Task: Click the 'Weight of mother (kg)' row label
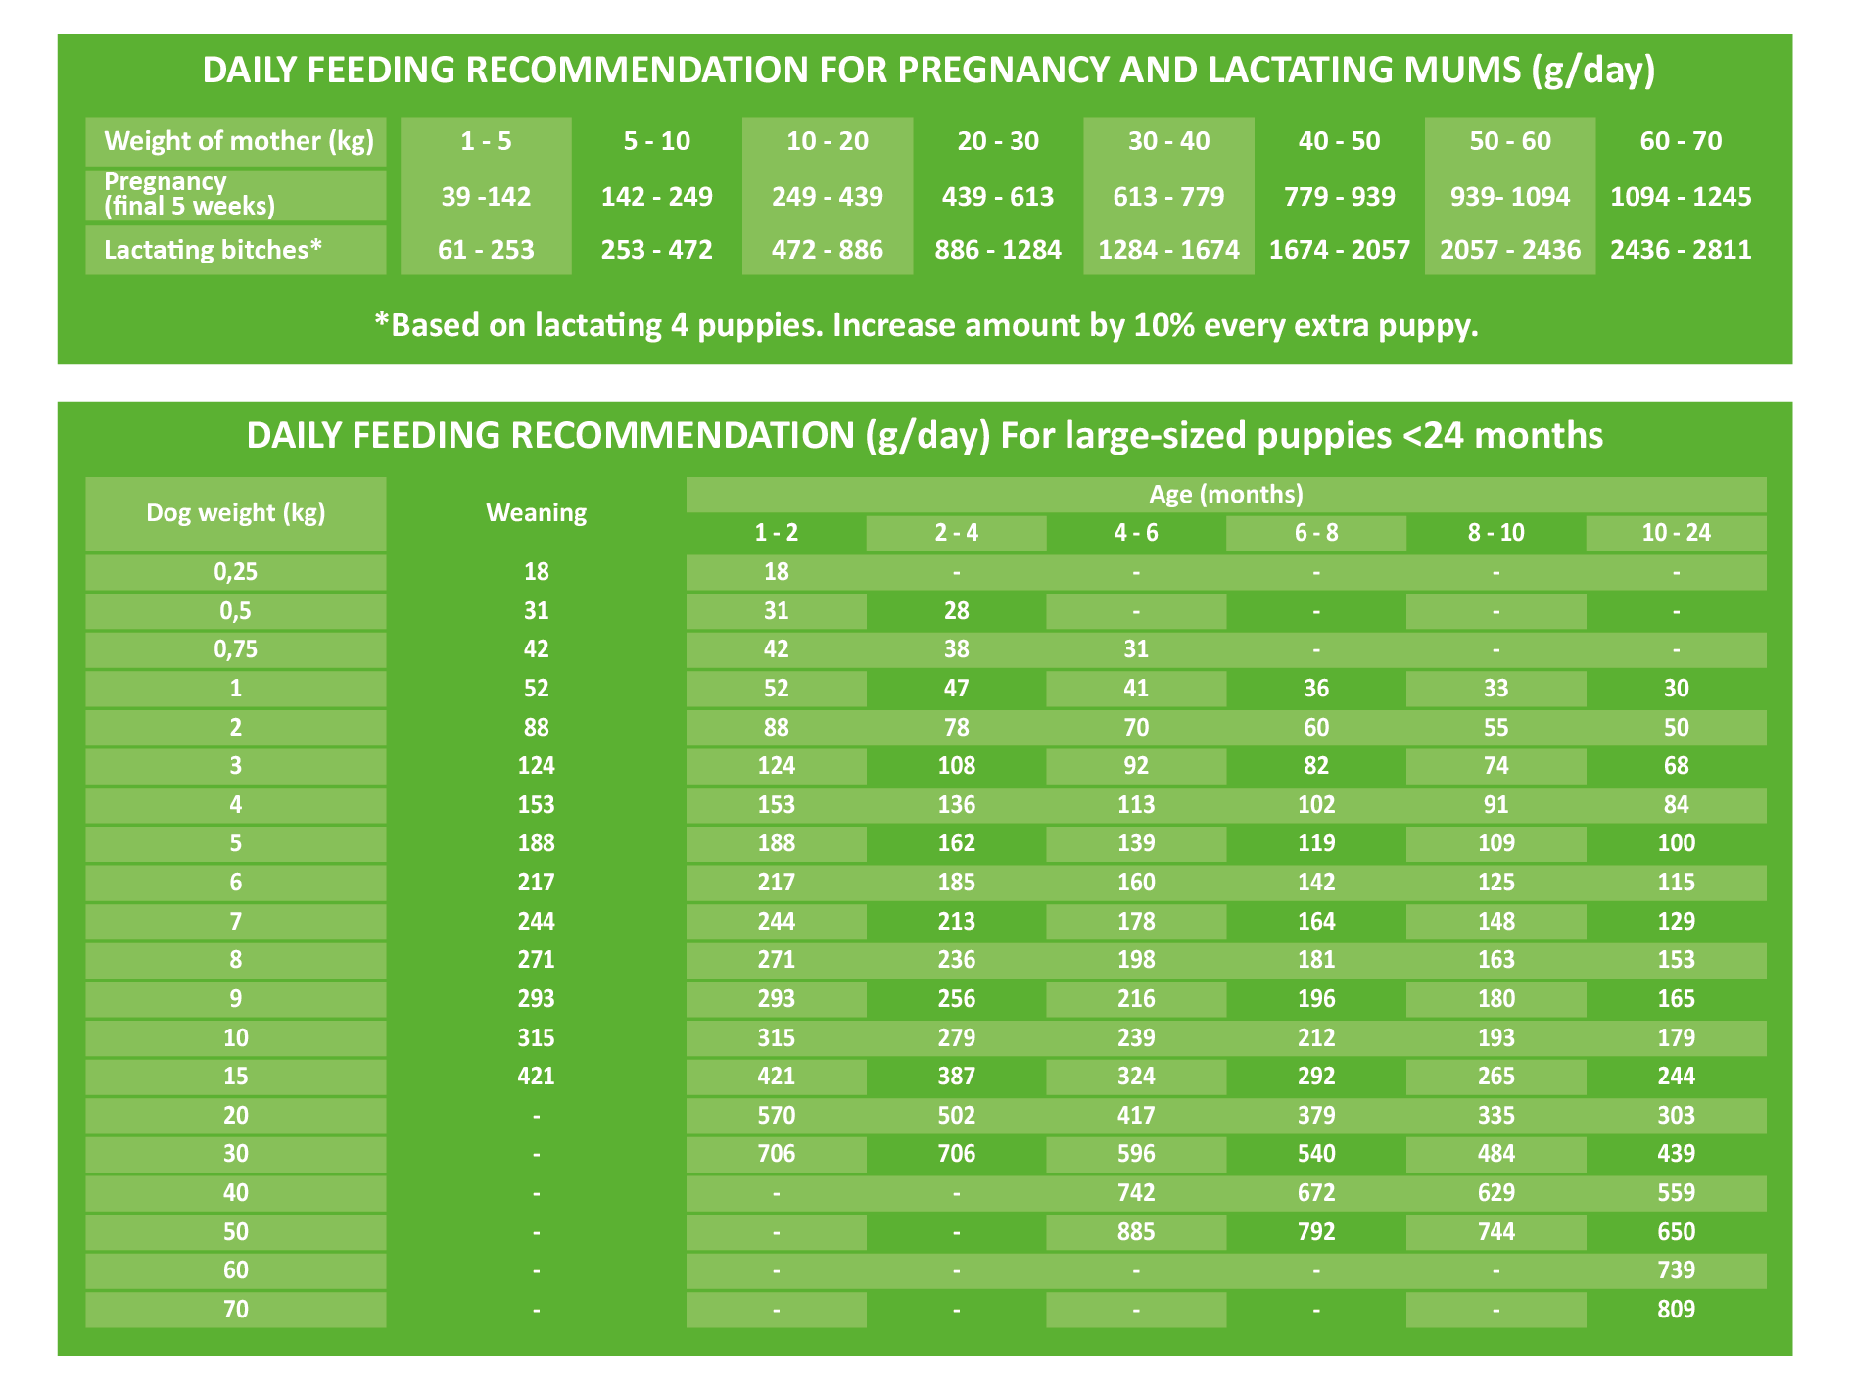pos(238,141)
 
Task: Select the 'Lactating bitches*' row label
pos(213,250)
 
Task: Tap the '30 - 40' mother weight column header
pos(1168,141)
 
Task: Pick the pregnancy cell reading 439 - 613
pos(997,197)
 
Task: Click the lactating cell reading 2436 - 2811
pos(1681,250)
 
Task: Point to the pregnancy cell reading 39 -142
pos(486,197)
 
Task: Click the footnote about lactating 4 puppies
pos(925,325)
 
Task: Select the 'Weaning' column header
pos(536,512)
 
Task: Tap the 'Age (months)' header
pos(1225,494)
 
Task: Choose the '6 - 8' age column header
pos(1315,533)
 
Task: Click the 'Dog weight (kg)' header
pos(235,512)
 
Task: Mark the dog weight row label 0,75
pos(235,649)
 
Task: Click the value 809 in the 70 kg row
pos(1676,1310)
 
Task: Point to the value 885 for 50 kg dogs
pos(1136,1231)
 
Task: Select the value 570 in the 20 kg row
pos(776,1115)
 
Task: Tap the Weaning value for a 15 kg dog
pos(536,1077)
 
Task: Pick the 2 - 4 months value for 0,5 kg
pos(956,611)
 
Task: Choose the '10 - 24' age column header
pos(1676,533)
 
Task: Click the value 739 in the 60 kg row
pos(1676,1270)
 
